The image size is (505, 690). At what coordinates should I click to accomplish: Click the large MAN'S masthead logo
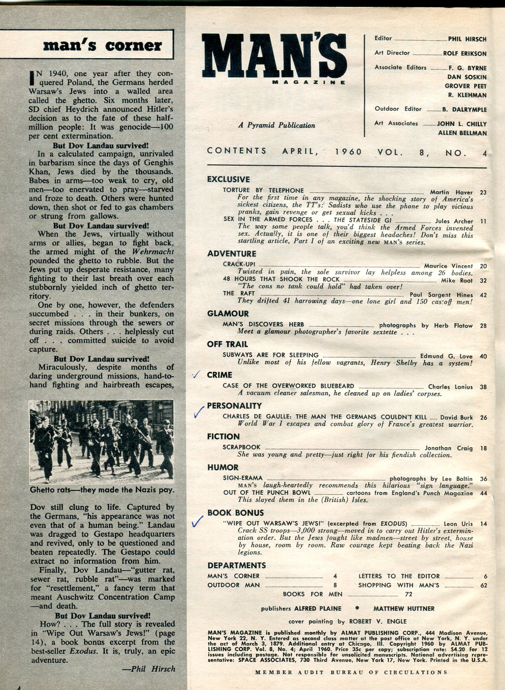[273, 57]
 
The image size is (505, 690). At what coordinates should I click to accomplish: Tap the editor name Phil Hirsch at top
[467, 39]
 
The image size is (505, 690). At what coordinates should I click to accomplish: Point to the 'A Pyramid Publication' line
[276, 125]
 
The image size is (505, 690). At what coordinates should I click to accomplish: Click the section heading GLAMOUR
[228, 314]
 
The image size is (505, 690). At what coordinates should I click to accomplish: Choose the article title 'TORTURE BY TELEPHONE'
[263, 190]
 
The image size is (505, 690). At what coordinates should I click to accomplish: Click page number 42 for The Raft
[483, 295]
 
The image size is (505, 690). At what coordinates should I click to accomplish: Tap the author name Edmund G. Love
[446, 356]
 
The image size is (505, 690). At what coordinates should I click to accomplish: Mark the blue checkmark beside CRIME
[197, 375]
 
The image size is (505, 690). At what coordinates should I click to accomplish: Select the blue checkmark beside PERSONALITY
[198, 411]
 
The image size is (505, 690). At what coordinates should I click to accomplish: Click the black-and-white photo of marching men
[101, 441]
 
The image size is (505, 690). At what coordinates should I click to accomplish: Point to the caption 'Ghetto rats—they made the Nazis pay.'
[102, 490]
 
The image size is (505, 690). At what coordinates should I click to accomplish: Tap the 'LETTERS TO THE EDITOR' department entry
[399, 576]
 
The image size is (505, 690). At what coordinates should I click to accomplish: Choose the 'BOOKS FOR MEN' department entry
[313, 594]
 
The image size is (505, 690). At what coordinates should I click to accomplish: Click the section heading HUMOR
[223, 467]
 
